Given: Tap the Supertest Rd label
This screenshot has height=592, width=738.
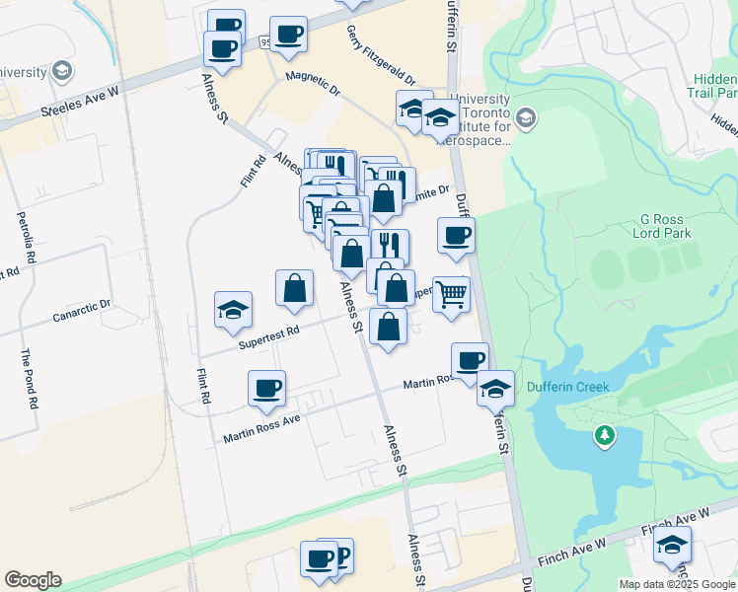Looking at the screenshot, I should click(x=268, y=337).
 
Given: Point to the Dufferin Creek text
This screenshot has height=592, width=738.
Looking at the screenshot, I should click(x=567, y=387).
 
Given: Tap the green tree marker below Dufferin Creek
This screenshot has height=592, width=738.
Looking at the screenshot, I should click(x=604, y=435).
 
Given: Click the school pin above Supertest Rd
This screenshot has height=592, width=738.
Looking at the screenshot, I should click(x=234, y=310).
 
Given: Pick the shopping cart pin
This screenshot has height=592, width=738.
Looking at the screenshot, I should click(x=451, y=293).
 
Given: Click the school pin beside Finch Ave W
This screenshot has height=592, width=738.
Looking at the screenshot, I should click(x=672, y=545).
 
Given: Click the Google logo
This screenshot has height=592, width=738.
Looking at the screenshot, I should click(x=33, y=580).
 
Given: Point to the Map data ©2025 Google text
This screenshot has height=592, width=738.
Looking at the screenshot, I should click(x=678, y=584).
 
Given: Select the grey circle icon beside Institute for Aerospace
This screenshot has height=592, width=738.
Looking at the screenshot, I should click(x=526, y=118).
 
